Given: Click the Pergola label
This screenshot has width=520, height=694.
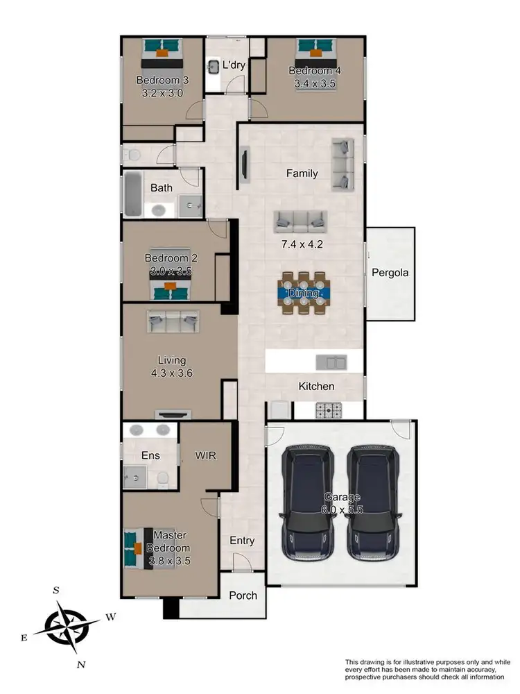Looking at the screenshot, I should tap(390, 273).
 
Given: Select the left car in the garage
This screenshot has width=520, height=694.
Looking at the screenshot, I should tap(307, 503).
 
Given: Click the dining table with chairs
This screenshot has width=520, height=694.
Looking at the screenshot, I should tap(304, 293).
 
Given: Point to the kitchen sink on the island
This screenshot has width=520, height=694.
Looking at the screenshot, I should tap(331, 362).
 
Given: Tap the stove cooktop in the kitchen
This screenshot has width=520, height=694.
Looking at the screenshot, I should tap(329, 409).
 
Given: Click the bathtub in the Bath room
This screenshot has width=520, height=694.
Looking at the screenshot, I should tap(132, 194).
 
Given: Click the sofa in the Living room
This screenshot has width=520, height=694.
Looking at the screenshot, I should tap(173, 321).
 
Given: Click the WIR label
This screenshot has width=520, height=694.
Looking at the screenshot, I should tap(206, 456).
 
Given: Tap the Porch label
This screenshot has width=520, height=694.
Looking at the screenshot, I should tap(243, 595).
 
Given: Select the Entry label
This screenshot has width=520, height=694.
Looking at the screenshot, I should tap(241, 541).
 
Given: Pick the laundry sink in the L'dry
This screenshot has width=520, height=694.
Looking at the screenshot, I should tap(213, 67).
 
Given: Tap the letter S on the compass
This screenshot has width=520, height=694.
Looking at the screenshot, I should tap(56, 590).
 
